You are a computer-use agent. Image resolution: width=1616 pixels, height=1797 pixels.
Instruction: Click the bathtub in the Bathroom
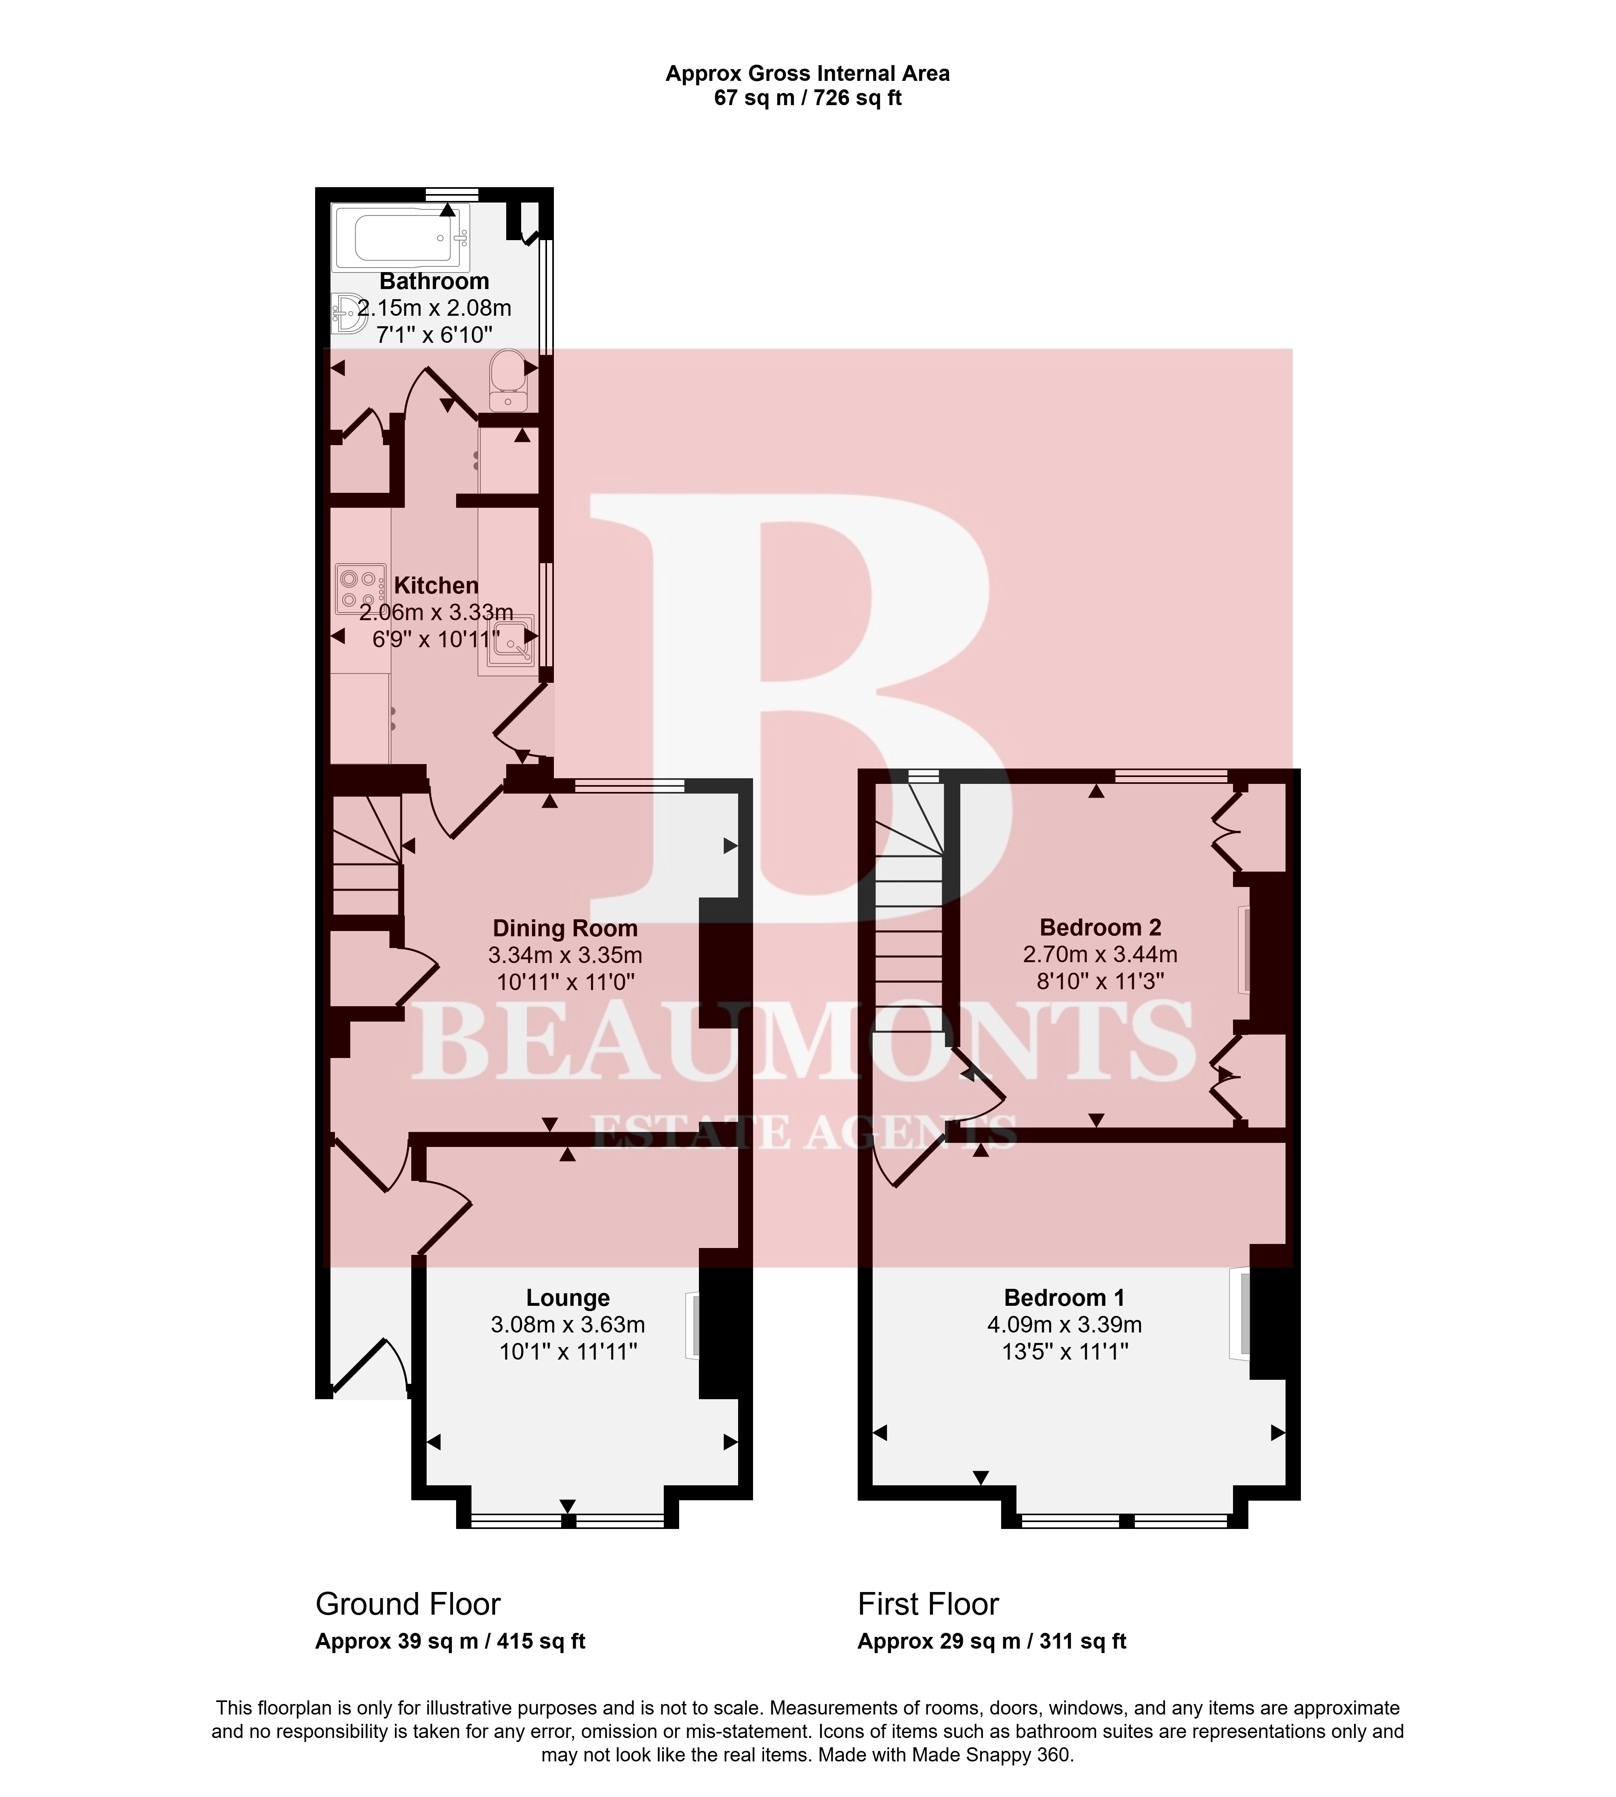[x=400, y=237]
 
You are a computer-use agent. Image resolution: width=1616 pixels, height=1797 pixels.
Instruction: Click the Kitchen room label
[x=436, y=585]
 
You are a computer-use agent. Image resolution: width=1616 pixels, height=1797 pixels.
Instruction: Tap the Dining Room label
[x=566, y=928]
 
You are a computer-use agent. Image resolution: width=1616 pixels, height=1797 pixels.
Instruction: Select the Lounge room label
[x=568, y=1298]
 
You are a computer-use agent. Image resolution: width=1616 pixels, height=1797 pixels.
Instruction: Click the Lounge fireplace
[x=692, y=1325]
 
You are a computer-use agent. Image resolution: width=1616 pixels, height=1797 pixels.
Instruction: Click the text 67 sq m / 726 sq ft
[x=808, y=98]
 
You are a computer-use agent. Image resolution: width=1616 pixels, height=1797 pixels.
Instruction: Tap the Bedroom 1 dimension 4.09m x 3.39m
[x=1065, y=1324]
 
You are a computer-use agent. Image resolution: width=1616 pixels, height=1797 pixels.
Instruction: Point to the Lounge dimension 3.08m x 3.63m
[x=568, y=1324]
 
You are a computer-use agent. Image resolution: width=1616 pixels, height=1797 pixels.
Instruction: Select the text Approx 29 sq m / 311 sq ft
[x=992, y=1641]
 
